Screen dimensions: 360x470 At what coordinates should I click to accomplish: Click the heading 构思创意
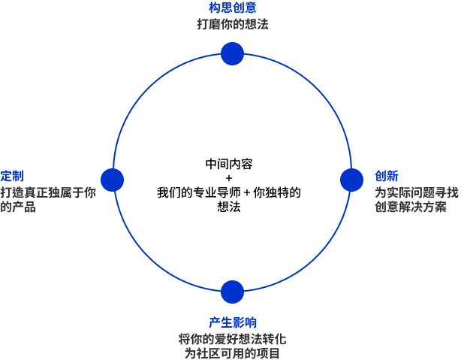coord(233,8)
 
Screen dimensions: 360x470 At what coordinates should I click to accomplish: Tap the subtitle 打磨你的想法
coord(233,24)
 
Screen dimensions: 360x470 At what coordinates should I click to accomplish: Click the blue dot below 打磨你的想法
coord(233,53)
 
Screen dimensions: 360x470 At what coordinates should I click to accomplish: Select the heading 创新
coord(386,176)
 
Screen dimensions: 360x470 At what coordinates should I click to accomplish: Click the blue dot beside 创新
coord(351,180)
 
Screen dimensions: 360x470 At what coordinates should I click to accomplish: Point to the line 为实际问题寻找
coord(411,192)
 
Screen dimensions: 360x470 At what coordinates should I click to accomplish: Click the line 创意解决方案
coord(411,207)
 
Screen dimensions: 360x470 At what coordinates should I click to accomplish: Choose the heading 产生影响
coord(233,323)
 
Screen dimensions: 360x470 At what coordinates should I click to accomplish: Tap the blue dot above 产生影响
coord(233,292)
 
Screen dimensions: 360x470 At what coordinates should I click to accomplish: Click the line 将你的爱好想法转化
coord(233,338)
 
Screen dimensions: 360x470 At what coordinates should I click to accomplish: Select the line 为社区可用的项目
coord(233,352)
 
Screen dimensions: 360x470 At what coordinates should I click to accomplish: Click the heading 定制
coord(12,176)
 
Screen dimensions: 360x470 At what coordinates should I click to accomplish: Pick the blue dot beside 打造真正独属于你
coord(112,180)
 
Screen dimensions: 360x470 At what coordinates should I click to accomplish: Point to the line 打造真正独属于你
coord(48,192)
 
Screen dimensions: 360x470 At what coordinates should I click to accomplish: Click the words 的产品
coord(18,207)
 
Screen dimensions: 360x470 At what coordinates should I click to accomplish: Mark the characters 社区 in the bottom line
coord(209,352)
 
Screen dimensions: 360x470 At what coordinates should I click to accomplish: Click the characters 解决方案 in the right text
coord(423,207)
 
